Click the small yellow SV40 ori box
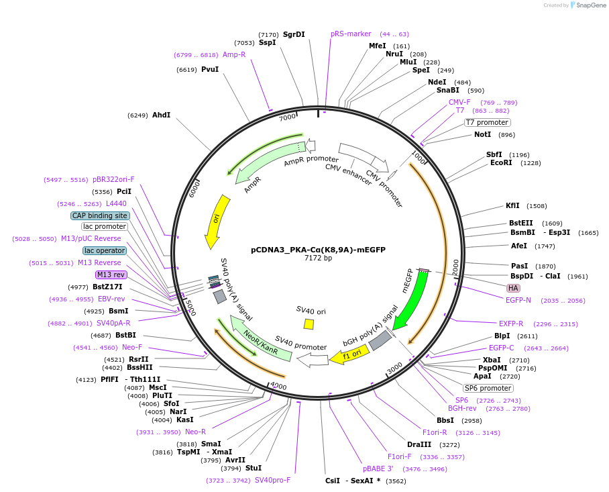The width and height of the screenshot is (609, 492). click(x=309, y=324)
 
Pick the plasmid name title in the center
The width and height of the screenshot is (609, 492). click(x=318, y=249)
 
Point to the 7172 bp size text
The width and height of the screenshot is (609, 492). click(x=318, y=258)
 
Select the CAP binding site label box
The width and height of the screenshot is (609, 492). click(x=100, y=215)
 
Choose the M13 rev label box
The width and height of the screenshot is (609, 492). click(x=111, y=275)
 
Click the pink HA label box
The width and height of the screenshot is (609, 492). click(x=513, y=288)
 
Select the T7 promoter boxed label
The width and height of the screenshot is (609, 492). click(x=488, y=122)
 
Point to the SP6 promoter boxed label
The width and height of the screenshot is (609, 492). click(x=488, y=388)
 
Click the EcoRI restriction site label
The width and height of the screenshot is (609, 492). click(x=501, y=162)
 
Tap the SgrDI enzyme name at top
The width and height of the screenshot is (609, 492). click(x=294, y=34)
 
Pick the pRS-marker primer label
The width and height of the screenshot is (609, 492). click(x=351, y=34)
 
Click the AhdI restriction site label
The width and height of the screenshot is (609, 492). click(x=161, y=115)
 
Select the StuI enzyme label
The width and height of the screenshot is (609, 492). click(x=254, y=468)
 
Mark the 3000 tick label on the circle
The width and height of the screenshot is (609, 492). click(x=394, y=366)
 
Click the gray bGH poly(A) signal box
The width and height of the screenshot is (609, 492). click(x=380, y=341)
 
